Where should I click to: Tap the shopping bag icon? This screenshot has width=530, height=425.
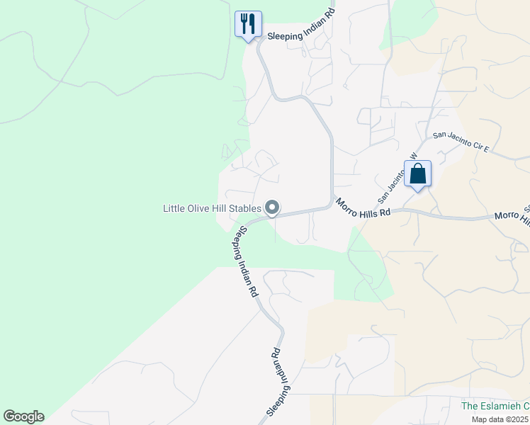click(417, 174)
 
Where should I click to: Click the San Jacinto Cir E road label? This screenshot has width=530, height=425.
click(461, 141)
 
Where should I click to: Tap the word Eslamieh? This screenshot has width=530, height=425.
click(504, 406)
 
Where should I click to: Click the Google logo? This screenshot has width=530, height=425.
click(23, 416)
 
